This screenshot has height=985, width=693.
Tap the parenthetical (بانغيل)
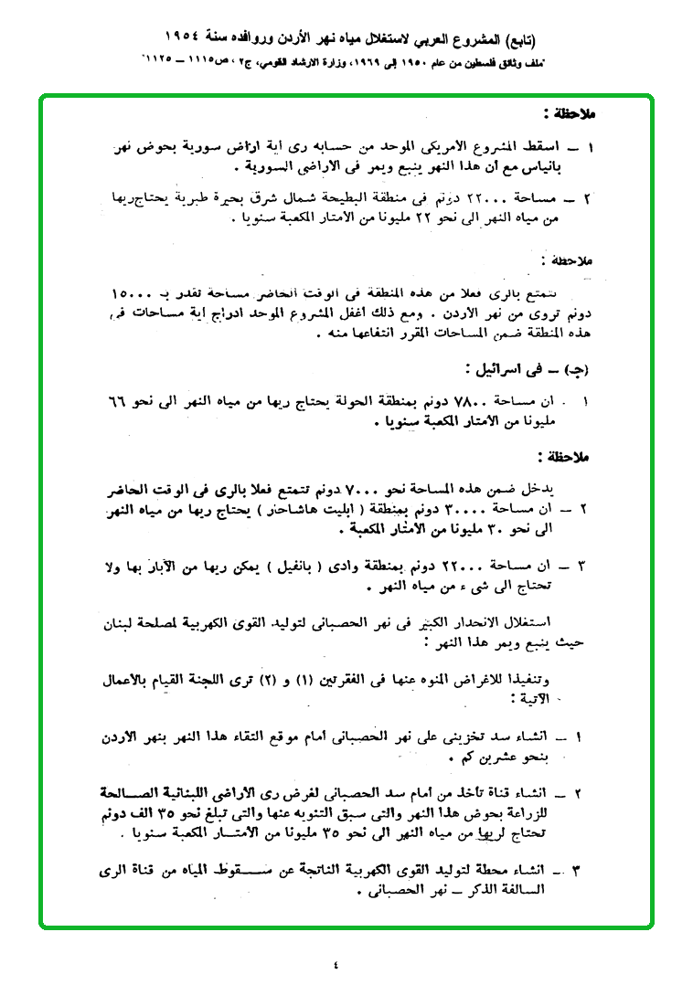pos(295,564)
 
